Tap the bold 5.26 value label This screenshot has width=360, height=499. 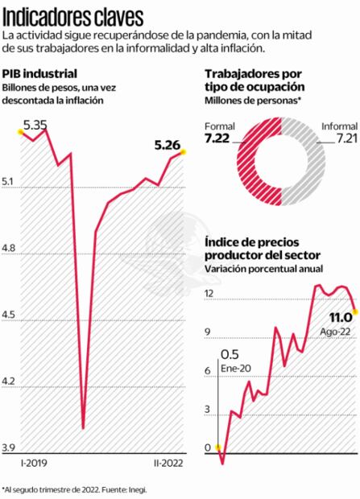tap(168, 145)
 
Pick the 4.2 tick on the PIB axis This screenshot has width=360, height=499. tap(9, 381)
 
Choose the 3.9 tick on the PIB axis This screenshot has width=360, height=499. tap(9, 447)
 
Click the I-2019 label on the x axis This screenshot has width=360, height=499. tap(35, 464)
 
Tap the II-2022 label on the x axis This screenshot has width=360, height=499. tap(169, 464)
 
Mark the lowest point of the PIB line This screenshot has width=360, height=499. tap(84, 428)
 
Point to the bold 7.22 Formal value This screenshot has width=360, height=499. tap(218, 139)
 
